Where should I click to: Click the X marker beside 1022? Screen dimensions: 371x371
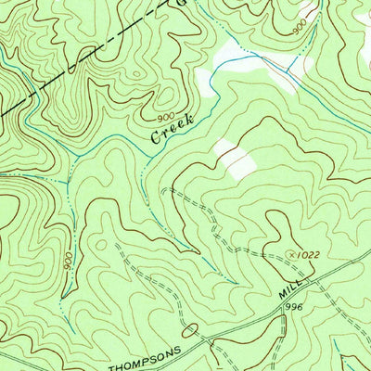[x=294, y=251]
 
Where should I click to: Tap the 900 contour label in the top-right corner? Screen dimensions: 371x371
[x=299, y=29]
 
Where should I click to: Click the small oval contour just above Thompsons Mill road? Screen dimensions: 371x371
[x=190, y=329]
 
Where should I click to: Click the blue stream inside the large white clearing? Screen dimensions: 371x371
[x=250, y=58]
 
